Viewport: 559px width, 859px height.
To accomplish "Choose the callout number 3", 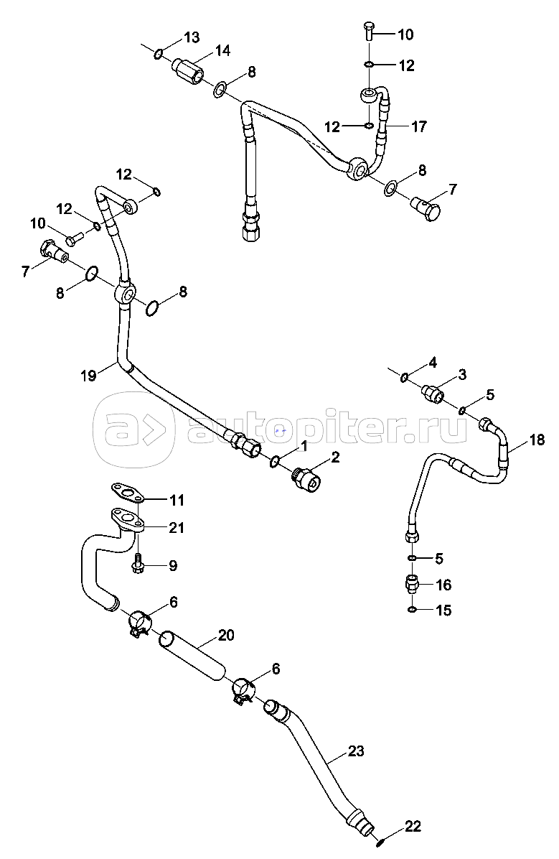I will click(462, 374).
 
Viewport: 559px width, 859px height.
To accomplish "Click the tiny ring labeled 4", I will click(405, 377).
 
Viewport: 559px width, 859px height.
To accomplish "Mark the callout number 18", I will click(537, 440).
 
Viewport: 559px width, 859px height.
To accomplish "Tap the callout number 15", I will click(444, 610).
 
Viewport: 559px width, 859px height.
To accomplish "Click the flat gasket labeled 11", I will click(127, 493).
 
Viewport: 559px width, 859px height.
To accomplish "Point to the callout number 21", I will click(176, 528).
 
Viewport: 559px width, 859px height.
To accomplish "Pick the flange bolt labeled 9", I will click(137, 565).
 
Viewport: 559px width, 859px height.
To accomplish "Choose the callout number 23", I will click(356, 751).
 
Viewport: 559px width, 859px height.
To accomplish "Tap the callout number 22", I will click(412, 826).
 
